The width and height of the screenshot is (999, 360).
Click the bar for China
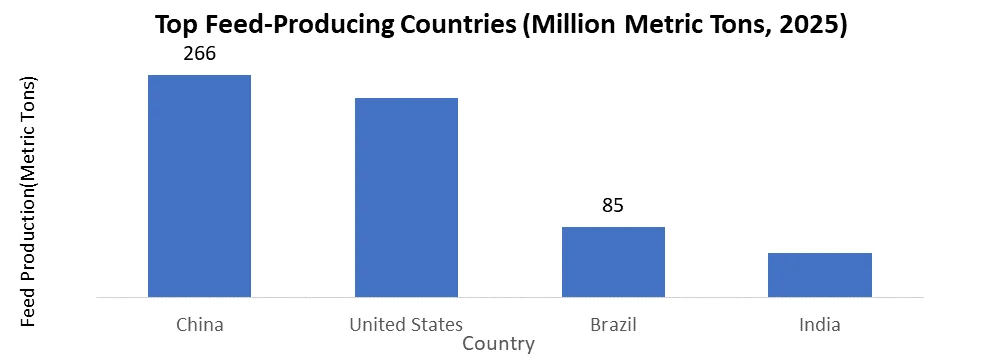click(199, 186)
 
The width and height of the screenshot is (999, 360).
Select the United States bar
click(406, 197)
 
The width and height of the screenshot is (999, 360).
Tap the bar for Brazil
click(613, 262)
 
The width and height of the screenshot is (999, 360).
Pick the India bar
click(820, 275)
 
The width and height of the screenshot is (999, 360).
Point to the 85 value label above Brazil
click(613, 206)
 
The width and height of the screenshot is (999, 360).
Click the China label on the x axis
click(199, 325)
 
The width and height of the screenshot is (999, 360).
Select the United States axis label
click(406, 325)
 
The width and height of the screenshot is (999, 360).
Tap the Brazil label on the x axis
click(613, 325)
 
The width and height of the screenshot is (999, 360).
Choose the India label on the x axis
click(820, 325)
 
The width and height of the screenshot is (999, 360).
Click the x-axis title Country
click(499, 344)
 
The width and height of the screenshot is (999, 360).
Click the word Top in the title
click(177, 24)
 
